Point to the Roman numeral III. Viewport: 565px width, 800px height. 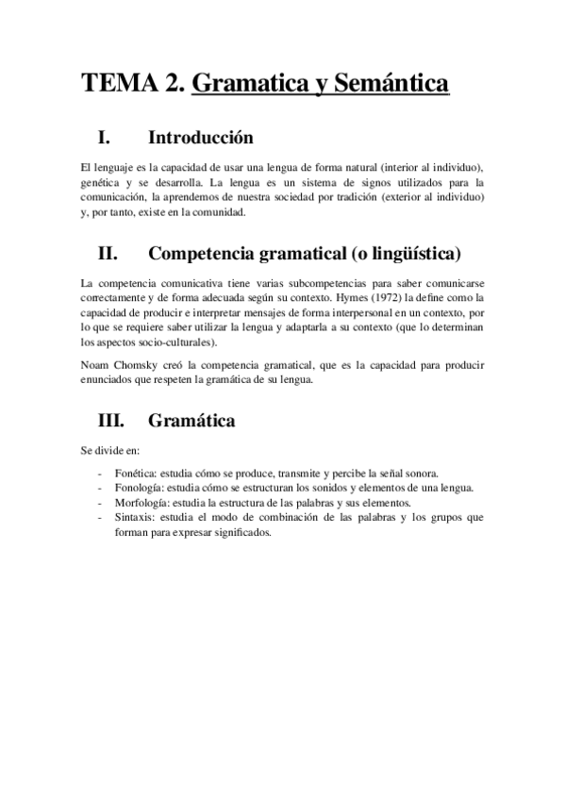pyautogui.click(x=111, y=420)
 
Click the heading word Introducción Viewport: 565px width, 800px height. pyautogui.click(x=201, y=138)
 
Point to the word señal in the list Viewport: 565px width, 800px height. pyautogui.click(x=401, y=472)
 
